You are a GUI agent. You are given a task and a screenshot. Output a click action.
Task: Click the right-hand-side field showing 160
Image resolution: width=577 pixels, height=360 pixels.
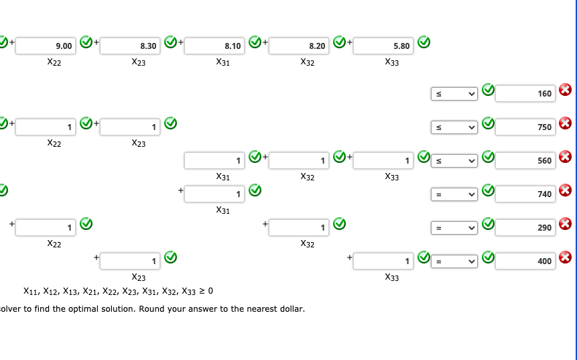525,93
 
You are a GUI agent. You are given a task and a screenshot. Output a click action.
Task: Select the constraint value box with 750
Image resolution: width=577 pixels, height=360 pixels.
525,127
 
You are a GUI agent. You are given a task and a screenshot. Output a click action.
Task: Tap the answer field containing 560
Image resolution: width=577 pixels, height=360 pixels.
525,160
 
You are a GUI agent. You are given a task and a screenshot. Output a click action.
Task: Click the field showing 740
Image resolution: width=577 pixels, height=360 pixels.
525,194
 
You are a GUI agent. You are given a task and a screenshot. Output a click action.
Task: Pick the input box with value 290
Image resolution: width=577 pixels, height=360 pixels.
525,227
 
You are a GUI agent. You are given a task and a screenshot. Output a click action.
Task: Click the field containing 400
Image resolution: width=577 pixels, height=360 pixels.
525,261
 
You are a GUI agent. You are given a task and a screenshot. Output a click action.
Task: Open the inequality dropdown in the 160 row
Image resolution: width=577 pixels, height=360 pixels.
454,93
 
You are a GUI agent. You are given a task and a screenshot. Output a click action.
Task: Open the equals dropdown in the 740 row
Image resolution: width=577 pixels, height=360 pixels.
454,194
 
